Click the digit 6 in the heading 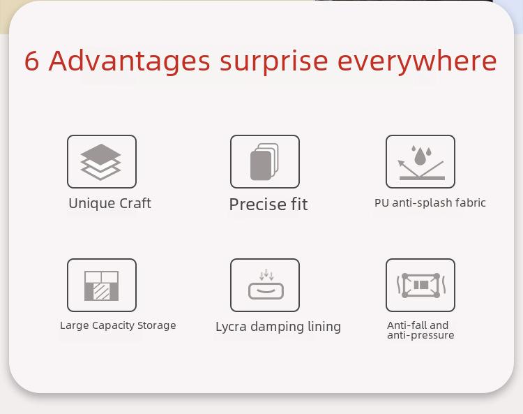pyautogui.click(x=31, y=61)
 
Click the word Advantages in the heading pyautogui.click(x=130, y=61)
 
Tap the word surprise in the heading pyautogui.click(x=274, y=62)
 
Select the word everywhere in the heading pyautogui.click(x=417, y=61)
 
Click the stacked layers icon pyautogui.click(x=100, y=162)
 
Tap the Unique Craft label pyautogui.click(x=109, y=203)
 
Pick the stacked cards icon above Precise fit pyautogui.click(x=264, y=162)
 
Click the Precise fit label pyautogui.click(x=268, y=204)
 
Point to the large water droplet pyautogui.click(x=420, y=156)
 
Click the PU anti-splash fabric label pyautogui.click(x=430, y=203)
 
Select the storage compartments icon pyautogui.click(x=101, y=286)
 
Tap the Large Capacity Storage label pyautogui.click(x=118, y=325)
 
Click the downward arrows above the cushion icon pyautogui.click(x=266, y=274)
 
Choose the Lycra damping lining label pyautogui.click(x=278, y=327)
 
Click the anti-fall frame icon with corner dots pyautogui.click(x=420, y=285)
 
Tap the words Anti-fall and pyautogui.click(x=418, y=325)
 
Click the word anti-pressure pyautogui.click(x=420, y=335)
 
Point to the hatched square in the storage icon pyautogui.click(x=101, y=291)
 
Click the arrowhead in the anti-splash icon pyautogui.click(x=400, y=163)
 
